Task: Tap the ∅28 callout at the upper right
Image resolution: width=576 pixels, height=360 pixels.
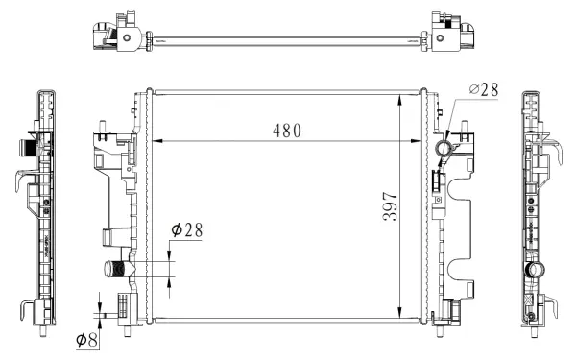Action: point(485,89)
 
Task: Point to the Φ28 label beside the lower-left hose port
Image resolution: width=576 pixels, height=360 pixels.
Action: point(186,231)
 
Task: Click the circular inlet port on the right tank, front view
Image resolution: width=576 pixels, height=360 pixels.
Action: point(445,149)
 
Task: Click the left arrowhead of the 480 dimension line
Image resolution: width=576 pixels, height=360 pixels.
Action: point(158,141)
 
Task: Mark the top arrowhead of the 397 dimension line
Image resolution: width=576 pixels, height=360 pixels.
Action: point(400,98)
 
